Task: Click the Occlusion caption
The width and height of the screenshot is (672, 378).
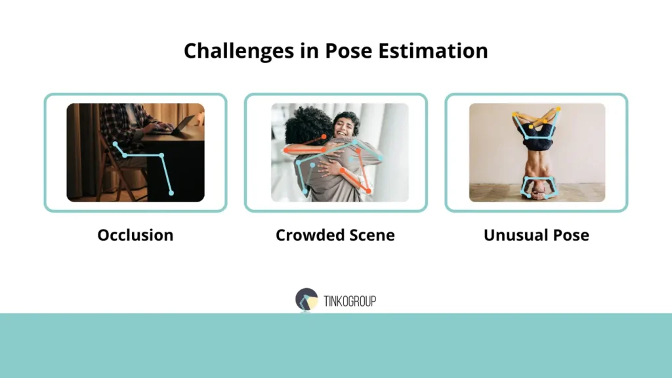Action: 135,235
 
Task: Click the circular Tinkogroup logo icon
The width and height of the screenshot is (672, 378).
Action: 306,299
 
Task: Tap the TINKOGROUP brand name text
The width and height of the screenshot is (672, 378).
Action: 350,301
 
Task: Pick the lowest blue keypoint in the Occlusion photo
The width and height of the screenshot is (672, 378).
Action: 171,193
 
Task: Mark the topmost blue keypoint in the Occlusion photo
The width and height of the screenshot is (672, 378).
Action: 115,143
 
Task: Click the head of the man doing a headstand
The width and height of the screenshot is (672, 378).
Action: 537,192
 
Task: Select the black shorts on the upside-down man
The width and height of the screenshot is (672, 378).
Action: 537,135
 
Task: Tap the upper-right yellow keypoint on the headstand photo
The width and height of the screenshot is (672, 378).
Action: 558,110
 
